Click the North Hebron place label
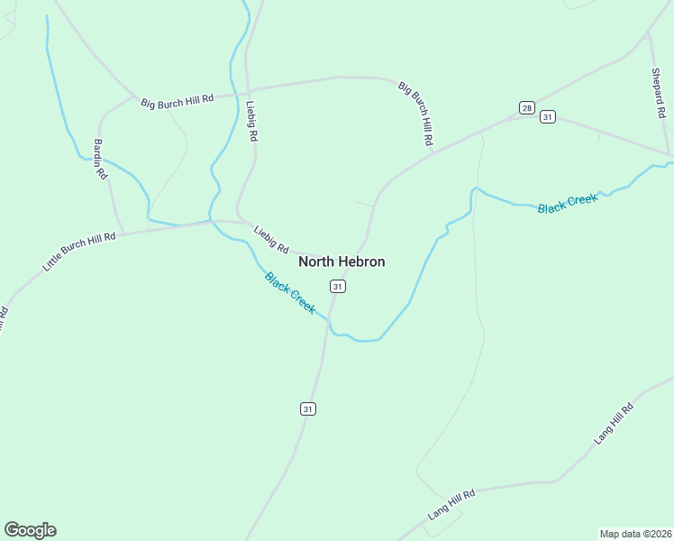pyautogui.click(x=342, y=261)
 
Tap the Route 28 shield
pyautogui.click(x=527, y=107)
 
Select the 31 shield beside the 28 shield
pyautogui.click(x=547, y=116)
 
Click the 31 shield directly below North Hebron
pyautogui.click(x=337, y=286)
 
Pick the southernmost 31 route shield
pyautogui.click(x=308, y=408)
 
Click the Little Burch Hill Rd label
pyautogui.click(x=79, y=252)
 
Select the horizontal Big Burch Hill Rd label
pyautogui.click(x=177, y=102)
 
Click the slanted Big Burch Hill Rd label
pyautogui.click(x=416, y=114)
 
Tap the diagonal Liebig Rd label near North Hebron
pyautogui.click(x=271, y=239)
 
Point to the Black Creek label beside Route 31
pyautogui.click(x=290, y=292)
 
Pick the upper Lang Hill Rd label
pyautogui.click(x=615, y=423)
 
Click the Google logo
pyautogui.click(x=30, y=530)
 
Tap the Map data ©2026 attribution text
pyautogui.click(x=635, y=533)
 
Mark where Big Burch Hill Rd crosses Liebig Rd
pyautogui.click(x=247, y=92)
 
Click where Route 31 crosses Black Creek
pyautogui.click(x=329, y=323)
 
